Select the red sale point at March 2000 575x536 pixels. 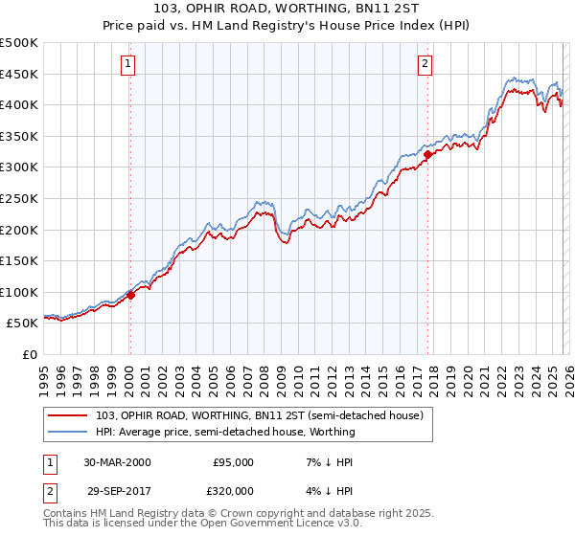pos(131,295)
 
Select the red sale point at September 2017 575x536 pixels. pos(427,154)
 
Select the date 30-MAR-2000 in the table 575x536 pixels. pos(117,462)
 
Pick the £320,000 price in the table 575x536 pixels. pos(233,490)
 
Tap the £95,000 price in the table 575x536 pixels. pos(233,462)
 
